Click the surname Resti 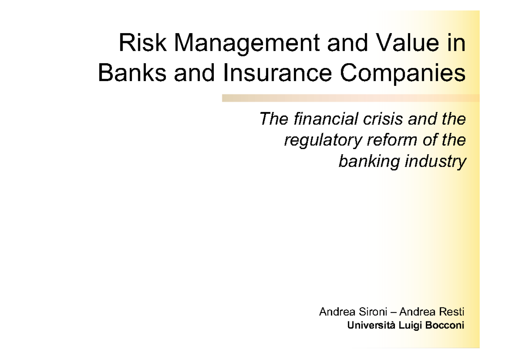[453, 312]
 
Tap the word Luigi [411, 326]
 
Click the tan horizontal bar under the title [350, 98]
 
